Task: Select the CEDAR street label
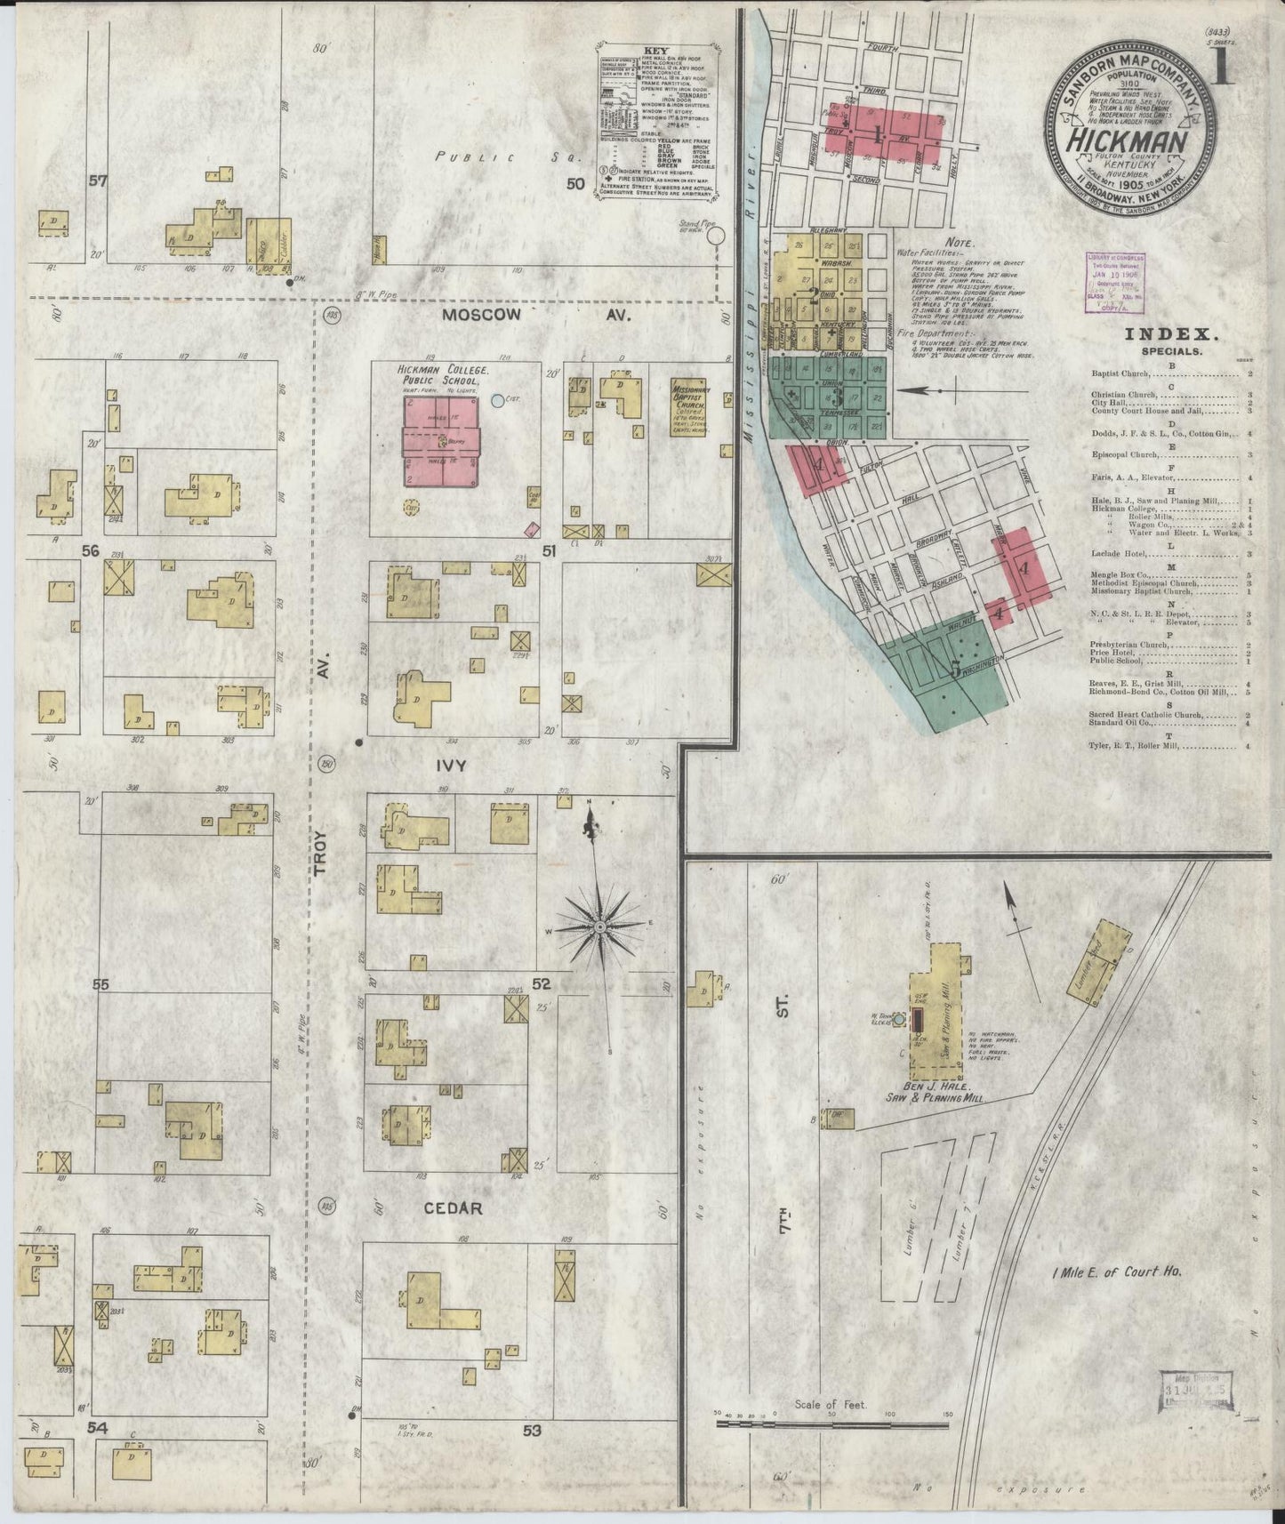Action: (453, 1208)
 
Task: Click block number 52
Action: (542, 984)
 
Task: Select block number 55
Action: (100, 985)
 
